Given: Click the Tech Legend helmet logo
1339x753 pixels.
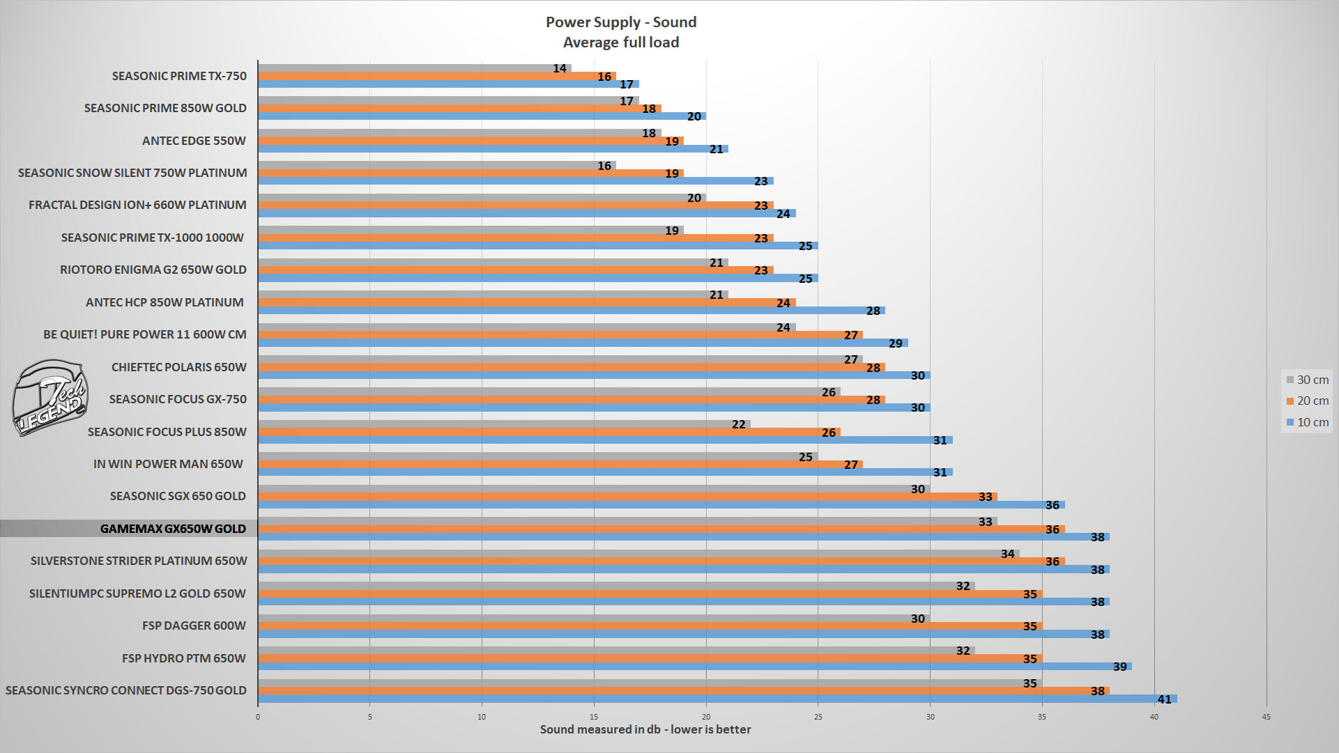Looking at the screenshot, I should [x=50, y=398].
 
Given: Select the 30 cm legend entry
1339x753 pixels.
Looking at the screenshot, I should [x=1307, y=380].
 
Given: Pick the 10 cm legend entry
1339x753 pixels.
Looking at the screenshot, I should [x=1307, y=422].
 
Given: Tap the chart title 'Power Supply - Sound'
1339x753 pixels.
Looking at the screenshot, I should [x=621, y=22].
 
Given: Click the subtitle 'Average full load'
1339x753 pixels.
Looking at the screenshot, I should [x=621, y=42].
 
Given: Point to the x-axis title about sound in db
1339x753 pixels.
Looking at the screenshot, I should [x=645, y=729].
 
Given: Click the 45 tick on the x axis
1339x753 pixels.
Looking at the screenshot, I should [x=1266, y=717].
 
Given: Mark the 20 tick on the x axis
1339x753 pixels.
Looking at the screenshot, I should [x=706, y=717].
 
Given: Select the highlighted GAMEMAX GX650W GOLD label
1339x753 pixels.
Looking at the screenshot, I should [x=173, y=529].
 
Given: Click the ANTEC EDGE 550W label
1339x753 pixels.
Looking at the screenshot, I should [x=194, y=141].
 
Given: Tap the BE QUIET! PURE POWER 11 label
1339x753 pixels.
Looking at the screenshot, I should [x=145, y=334].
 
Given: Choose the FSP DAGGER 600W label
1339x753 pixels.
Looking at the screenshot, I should [x=194, y=626].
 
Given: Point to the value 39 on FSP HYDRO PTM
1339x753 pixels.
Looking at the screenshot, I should [x=1119, y=667].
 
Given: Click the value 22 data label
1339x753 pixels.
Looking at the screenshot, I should [x=739, y=424].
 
